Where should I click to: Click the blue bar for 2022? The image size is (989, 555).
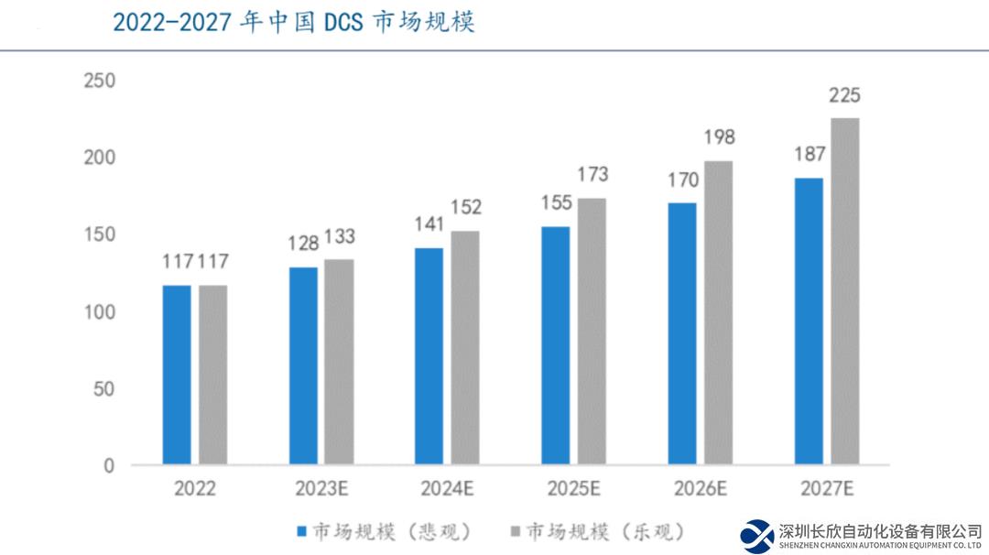coord(177,375)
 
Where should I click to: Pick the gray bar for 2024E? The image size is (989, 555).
coord(464,348)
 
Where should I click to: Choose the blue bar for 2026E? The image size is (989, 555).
coord(681,333)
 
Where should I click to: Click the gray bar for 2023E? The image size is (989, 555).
coord(338,362)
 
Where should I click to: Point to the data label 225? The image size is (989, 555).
coord(844,95)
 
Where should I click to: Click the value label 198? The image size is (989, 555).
coord(719,138)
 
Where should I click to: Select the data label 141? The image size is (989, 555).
coord(429,225)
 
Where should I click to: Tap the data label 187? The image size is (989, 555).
coord(809,154)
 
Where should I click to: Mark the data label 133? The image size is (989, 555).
coord(339,237)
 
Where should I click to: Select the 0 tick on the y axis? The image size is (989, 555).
coord(109,466)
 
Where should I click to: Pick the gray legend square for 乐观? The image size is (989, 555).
coord(515,531)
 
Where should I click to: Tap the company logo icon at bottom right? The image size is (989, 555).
coord(757,536)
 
